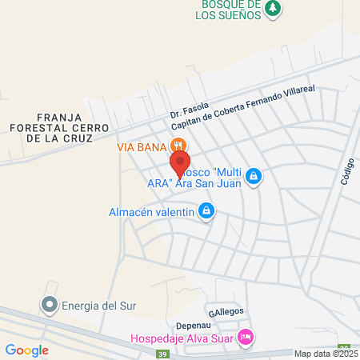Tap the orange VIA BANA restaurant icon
coord(178,146)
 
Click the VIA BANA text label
coord(141,146)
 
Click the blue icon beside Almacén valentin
coord(206,211)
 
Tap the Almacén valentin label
coord(152,212)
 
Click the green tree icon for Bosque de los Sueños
coord(274,8)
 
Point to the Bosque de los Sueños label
coord(230,9)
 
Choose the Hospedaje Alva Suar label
coord(183,338)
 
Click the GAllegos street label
coord(226,311)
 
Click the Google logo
coord(26,350)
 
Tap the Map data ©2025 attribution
coord(326,354)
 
